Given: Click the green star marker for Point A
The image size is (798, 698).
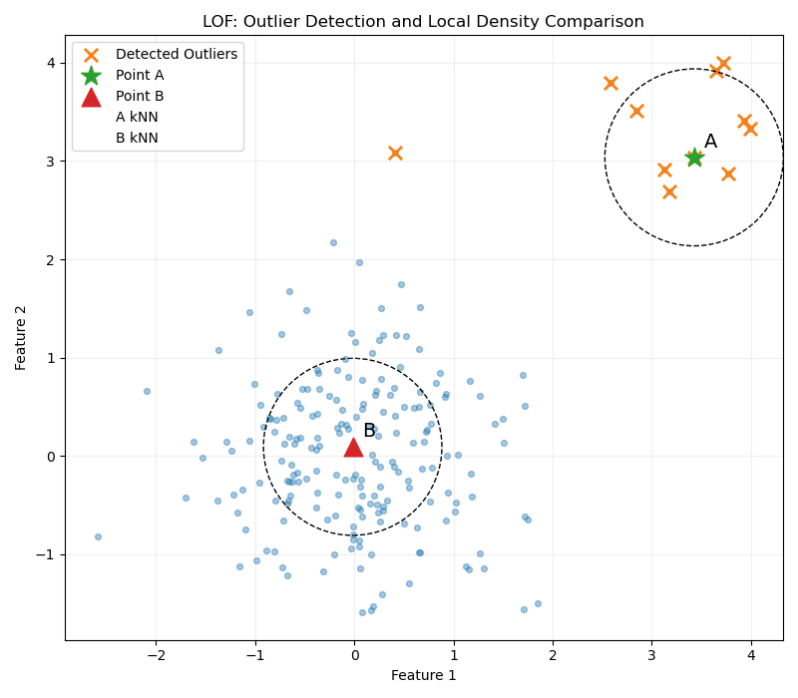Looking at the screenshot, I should tap(694, 158).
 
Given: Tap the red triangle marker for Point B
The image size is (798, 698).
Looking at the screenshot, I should tap(353, 447).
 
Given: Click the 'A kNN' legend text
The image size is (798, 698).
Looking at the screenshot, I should tap(137, 118).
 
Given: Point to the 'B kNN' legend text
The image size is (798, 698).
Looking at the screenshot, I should tap(137, 139).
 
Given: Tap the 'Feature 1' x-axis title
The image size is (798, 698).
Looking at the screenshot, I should tap(423, 676).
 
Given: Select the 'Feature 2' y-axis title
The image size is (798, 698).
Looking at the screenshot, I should tap(22, 337).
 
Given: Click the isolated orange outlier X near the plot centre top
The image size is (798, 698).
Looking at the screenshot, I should tap(395, 153).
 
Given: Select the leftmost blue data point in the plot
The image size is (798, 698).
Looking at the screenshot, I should tap(98, 536).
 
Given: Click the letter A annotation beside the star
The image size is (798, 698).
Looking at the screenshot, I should tap(710, 143).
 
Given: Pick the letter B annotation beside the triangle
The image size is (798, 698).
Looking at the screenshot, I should tap(369, 431).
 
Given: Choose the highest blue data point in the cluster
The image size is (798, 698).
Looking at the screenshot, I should tap(333, 242).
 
